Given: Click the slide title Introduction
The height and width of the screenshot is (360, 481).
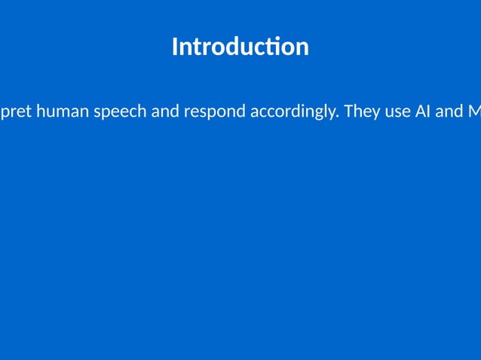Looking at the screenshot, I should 240,47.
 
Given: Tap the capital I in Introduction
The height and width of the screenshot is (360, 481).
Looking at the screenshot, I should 175,47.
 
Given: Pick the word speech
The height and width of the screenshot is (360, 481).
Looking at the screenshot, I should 120,112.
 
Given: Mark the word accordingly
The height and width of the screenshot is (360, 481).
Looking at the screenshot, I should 293,112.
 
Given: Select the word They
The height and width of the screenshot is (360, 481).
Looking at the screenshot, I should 360,111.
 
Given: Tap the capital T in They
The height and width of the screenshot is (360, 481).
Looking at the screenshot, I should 348,111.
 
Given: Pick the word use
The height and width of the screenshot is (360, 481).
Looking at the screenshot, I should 395,113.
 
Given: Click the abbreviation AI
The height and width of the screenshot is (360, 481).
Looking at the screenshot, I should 422,111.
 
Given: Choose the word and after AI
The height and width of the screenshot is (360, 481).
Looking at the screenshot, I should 449,111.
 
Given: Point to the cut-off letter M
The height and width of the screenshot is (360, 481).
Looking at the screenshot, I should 474,111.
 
